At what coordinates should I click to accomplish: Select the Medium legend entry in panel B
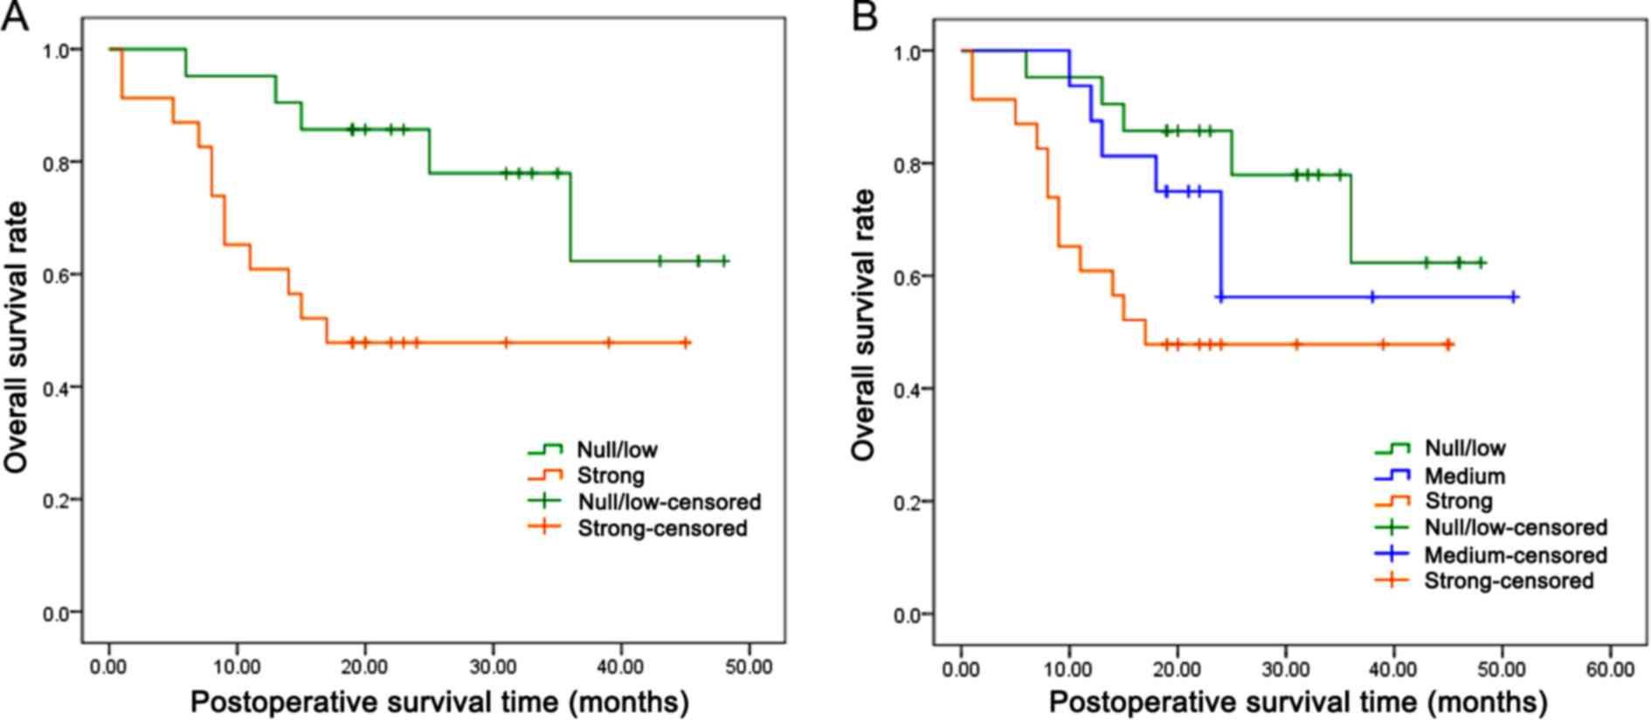1464,476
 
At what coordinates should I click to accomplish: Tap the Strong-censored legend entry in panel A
661,528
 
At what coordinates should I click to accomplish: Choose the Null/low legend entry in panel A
617,450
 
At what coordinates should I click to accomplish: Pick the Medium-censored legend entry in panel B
1515,555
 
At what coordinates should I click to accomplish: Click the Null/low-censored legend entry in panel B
1515,528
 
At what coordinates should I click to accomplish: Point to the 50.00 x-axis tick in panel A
749,668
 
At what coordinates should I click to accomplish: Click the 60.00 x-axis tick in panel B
1610,669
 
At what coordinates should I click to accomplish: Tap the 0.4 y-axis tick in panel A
56,387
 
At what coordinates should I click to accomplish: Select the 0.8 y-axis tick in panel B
907,164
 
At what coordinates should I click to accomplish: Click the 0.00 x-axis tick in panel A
108,668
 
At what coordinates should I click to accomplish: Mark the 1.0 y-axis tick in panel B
907,52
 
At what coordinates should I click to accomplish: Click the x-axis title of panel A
439,703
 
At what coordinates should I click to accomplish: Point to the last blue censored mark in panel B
1514,297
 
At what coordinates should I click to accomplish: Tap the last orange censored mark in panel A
687,343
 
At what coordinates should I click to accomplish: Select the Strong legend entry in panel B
1458,502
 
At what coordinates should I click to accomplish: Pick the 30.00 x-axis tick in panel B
1286,669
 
